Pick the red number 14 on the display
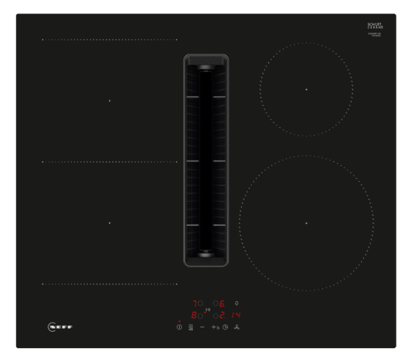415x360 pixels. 236,315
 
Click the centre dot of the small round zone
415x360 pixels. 306,89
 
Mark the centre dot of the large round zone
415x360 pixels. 306,222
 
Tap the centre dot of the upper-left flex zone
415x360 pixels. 109,101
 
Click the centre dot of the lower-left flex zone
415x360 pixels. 109,222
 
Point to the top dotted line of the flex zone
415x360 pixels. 109,39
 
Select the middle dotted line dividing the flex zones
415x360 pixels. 109,162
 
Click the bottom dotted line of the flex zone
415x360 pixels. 109,283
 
